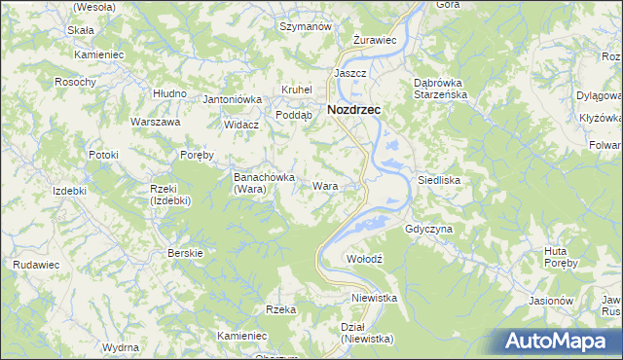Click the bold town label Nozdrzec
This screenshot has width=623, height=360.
pyautogui.click(x=354, y=110)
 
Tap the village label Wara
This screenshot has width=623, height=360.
pyautogui.click(x=325, y=185)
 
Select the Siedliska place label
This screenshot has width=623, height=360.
pyautogui.click(x=438, y=180)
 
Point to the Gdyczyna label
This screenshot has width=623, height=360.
pyautogui.click(x=428, y=229)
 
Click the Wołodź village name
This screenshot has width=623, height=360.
pyautogui.click(x=367, y=259)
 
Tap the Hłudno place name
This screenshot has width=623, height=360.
pyautogui.click(x=169, y=92)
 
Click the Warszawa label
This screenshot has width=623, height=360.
pyautogui.click(x=156, y=123)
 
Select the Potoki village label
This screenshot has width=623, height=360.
pyautogui.click(x=102, y=155)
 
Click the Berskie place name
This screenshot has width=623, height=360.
pyautogui.click(x=185, y=253)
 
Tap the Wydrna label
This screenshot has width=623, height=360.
pyautogui.click(x=120, y=346)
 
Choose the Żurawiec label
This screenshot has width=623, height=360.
pyautogui.click(x=374, y=40)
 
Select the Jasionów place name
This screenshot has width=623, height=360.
pyautogui.click(x=550, y=301)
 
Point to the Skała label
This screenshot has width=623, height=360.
pyautogui.click(x=80, y=30)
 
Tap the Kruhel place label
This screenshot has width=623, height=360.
pyautogui.click(x=296, y=90)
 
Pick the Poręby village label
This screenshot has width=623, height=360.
pyautogui.click(x=202, y=155)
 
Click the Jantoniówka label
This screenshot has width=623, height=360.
pyautogui.click(x=233, y=99)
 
